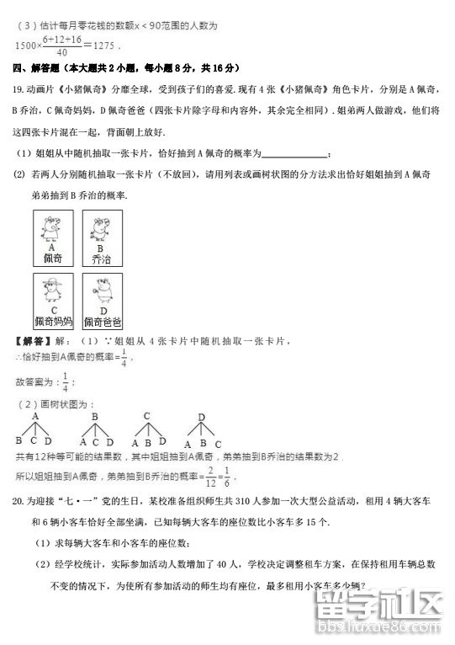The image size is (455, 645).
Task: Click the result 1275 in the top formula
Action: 103,45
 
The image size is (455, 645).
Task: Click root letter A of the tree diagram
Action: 36,416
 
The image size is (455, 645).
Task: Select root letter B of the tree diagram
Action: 95,416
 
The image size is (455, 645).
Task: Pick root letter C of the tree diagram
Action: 146,416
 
